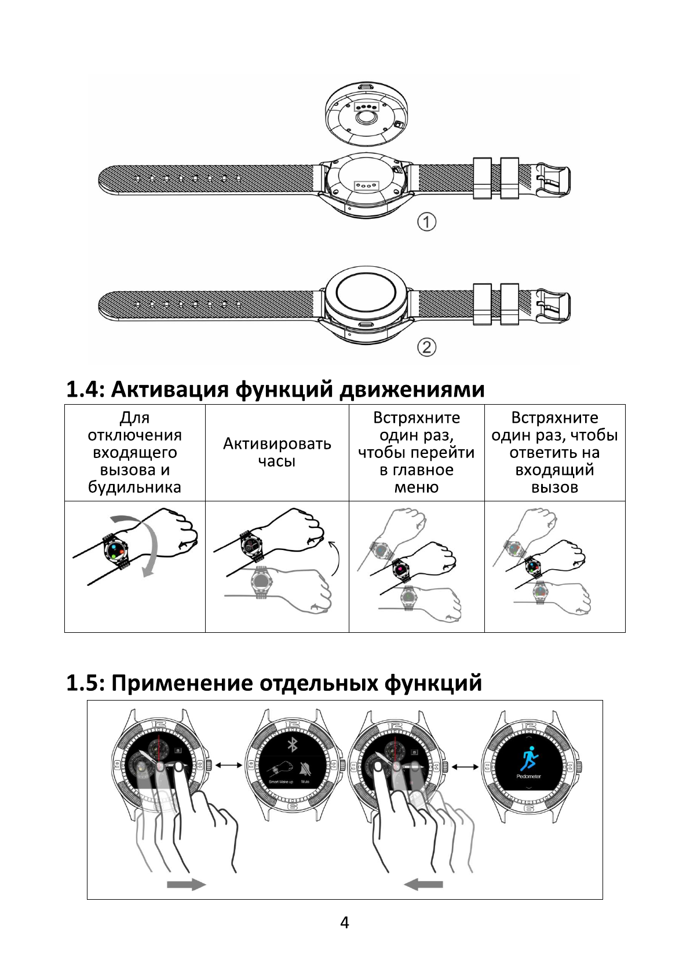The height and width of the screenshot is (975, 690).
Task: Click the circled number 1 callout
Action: pos(426,222)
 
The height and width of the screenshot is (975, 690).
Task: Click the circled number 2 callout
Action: pos(426,347)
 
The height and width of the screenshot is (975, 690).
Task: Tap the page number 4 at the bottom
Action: pos(345,923)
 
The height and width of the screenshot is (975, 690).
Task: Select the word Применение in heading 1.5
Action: pos(182,683)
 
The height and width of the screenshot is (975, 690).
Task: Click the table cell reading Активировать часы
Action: pos(277,452)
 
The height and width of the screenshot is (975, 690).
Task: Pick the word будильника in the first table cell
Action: pos(134,487)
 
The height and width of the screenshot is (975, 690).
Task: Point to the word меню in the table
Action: pos(416,487)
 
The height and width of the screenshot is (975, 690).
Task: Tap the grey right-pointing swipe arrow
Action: pos(186,884)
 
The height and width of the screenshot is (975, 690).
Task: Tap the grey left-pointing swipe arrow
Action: pos(424,884)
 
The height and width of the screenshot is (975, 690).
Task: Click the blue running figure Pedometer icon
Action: pos(528,758)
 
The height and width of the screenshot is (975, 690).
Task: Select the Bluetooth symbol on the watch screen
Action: pos(292,745)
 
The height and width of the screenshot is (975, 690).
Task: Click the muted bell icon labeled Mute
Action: pos(305,769)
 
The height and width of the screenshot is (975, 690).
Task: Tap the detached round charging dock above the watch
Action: pos(363,113)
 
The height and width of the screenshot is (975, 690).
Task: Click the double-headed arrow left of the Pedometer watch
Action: pos(465,767)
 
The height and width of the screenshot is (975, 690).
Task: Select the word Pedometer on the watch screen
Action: pos(528,776)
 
